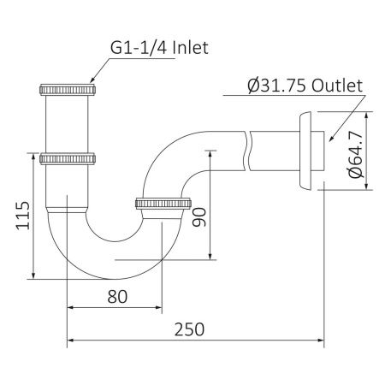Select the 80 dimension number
(x=117, y=297)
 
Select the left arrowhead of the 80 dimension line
(x=71, y=308)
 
